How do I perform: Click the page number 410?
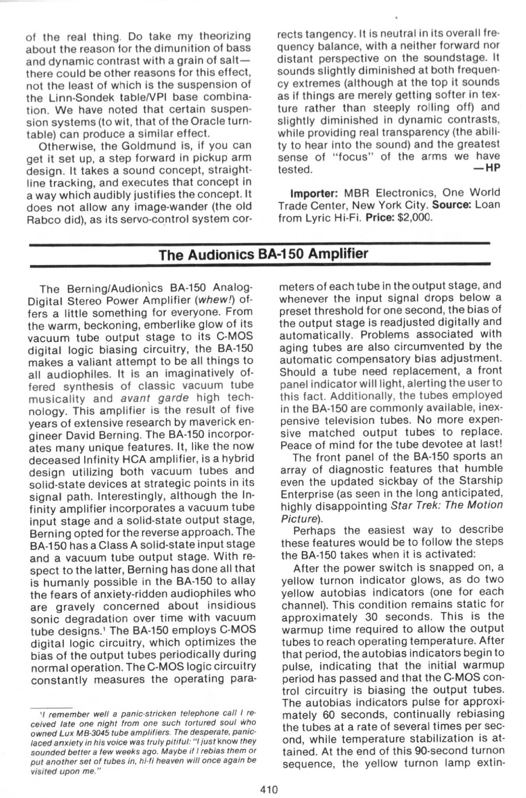point(269,789)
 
